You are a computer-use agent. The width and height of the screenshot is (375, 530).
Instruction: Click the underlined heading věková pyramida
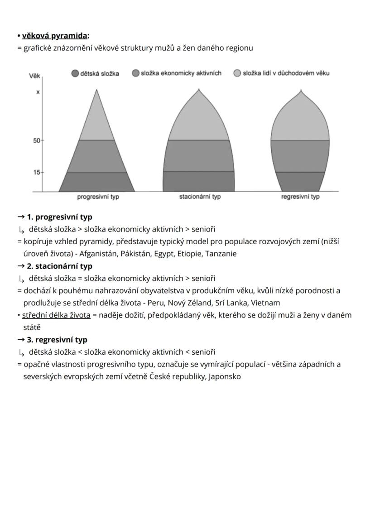(55, 36)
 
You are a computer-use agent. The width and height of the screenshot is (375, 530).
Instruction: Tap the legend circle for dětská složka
(75, 73)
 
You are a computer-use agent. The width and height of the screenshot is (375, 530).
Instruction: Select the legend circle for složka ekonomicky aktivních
(135, 73)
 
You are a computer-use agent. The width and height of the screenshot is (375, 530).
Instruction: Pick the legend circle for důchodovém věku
(237, 73)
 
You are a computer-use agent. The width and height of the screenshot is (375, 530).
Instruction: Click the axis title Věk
(34, 77)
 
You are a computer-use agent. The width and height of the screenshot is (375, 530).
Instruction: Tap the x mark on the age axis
(38, 92)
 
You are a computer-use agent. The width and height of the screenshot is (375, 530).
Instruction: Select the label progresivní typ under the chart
(98, 197)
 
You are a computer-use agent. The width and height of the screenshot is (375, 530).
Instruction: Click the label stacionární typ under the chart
(200, 197)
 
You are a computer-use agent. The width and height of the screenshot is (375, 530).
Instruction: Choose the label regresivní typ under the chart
(300, 197)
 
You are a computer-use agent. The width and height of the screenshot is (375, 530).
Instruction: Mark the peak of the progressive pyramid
(96, 91)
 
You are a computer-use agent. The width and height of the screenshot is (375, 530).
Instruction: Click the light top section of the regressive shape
(300, 120)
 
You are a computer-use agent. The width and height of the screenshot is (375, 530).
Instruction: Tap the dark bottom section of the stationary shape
(199, 181)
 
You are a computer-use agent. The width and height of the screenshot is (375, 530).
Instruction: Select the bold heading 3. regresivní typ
(57, 340)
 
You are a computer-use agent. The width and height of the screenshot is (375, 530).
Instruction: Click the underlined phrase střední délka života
(57, 315)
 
